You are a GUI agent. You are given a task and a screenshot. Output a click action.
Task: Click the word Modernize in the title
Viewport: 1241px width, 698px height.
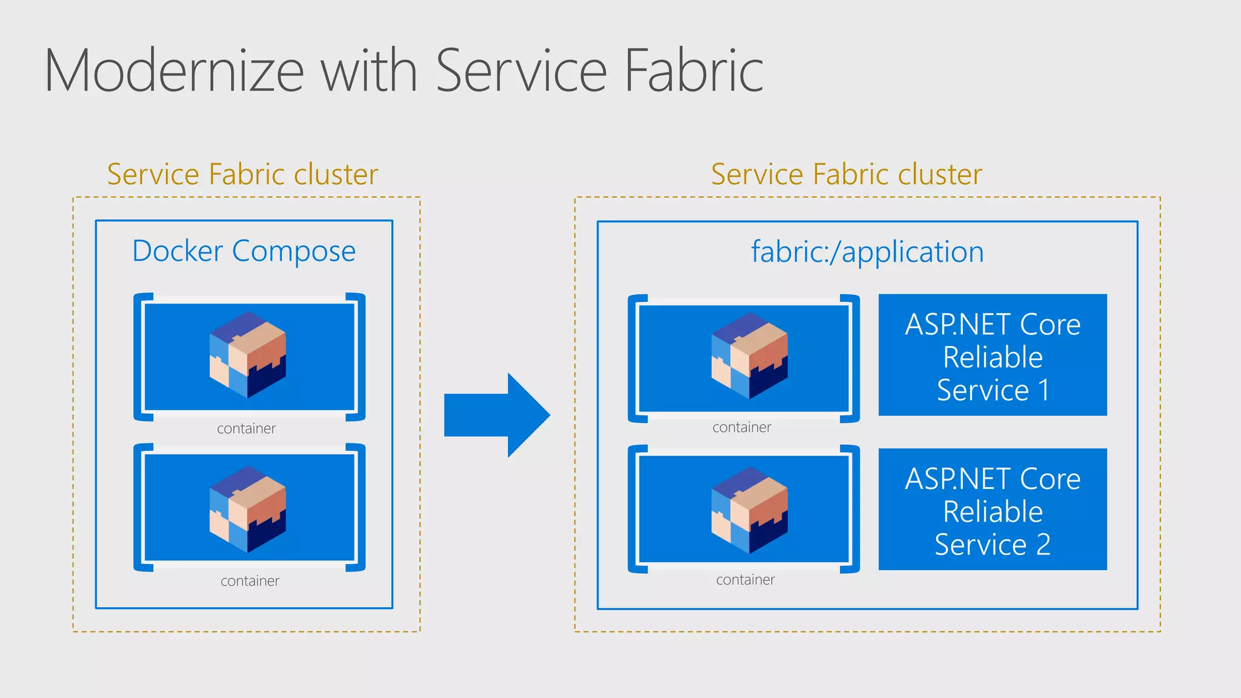click(x=175, y=71)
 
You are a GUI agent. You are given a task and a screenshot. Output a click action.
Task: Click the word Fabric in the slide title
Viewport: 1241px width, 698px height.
click(x=693, y=71)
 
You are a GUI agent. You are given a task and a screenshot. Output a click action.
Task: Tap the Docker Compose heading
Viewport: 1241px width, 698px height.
click(x=244, y=251)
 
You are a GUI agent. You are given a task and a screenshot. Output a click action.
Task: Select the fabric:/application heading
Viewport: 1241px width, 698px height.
click(x=867, y=251)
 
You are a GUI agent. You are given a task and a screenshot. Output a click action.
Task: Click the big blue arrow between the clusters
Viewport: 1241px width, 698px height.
click(x=497, y=415)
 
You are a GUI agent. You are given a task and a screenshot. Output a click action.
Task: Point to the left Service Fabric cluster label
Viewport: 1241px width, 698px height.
click(x=242, y=174)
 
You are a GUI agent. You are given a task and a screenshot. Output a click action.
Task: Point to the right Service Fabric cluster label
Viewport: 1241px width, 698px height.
click(x=846, y=174)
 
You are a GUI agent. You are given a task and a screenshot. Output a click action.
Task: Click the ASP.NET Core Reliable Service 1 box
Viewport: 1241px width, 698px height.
click(x=993, y=355)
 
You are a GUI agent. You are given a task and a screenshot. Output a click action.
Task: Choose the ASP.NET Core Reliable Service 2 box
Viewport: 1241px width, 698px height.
click(x=993, y=510)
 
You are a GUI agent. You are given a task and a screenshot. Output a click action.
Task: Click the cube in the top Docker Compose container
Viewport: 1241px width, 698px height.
click(x=248, y=354)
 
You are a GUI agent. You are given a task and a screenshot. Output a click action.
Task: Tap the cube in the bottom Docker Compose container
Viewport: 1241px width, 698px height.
click(x=248, y=509)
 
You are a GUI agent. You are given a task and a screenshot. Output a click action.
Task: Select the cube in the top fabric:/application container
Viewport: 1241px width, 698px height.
click(x=749, y=356)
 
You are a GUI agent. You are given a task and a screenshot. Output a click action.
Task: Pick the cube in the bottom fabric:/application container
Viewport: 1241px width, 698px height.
click(x=749, y=510)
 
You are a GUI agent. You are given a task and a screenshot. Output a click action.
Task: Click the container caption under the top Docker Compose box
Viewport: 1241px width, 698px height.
click(x=246, y=429)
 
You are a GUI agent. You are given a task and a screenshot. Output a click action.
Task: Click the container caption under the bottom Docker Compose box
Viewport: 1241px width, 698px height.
click(x=250, y=581)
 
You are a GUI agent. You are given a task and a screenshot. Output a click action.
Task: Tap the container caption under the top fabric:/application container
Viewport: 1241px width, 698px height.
click(x=742, y=428)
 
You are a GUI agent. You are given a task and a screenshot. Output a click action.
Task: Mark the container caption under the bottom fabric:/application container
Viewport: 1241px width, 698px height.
click(x=745, y=580)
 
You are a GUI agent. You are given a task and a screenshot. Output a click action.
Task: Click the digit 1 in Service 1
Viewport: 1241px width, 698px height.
click(x=1044, y=390)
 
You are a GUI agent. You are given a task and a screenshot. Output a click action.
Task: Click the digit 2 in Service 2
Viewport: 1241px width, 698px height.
click(x=1043, y=545)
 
